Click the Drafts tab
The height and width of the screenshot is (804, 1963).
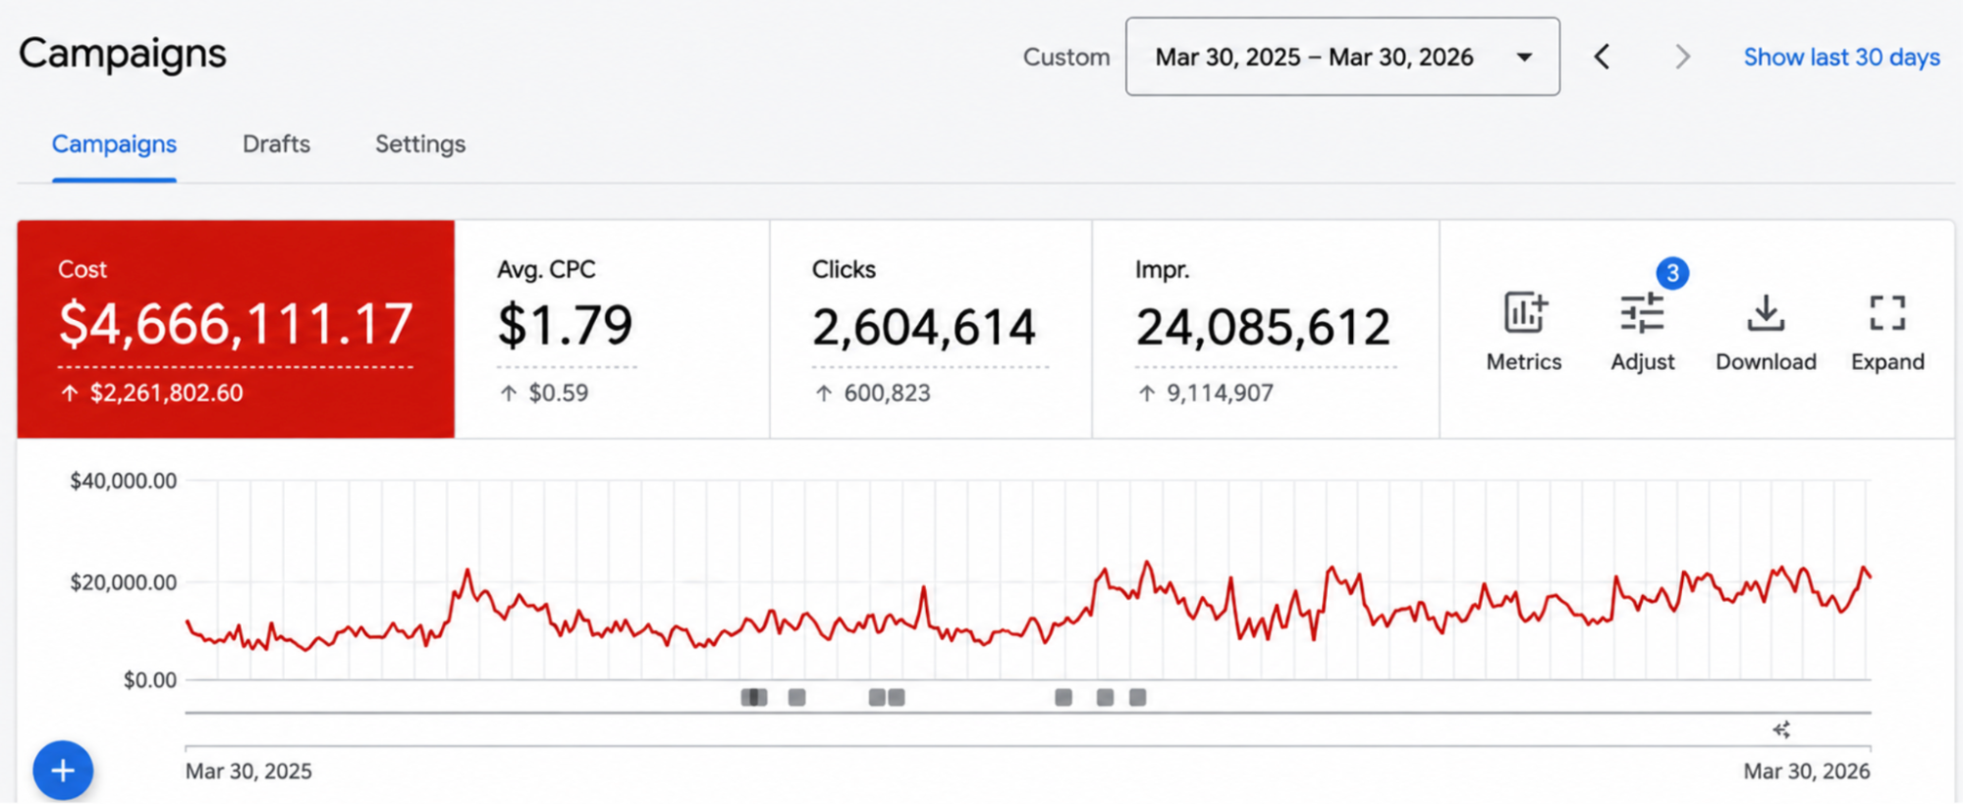pos(276,144)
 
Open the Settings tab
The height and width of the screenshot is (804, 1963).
pos(420,144)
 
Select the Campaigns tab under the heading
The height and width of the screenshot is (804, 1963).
pos(114,144)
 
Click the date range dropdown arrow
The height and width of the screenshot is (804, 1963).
pos(1524,57)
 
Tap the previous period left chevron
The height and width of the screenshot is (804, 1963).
pos(1602,57)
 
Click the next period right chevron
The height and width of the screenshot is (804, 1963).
pos(1683,57)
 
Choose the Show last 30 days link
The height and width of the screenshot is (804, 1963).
pos(1841,57)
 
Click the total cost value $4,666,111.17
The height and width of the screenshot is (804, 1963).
pos(236,324)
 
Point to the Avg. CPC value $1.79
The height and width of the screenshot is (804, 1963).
pos(566,325)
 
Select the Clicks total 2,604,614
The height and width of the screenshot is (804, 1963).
pos(924,327)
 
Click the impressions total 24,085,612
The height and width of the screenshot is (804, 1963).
pos(1264,327)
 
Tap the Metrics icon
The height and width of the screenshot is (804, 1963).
pos(1525,313)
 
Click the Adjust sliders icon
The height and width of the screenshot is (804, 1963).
pos(1642,314)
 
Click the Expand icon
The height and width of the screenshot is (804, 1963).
pos(1887,313)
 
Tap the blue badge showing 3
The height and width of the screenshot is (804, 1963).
pos(1672,273)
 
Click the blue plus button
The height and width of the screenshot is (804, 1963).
pos(63,771)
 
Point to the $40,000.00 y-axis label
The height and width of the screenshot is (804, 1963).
pos(124,481)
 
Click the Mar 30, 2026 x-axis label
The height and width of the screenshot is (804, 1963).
pos(1807,772)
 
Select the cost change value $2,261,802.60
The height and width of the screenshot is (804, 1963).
pos(166,393)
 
